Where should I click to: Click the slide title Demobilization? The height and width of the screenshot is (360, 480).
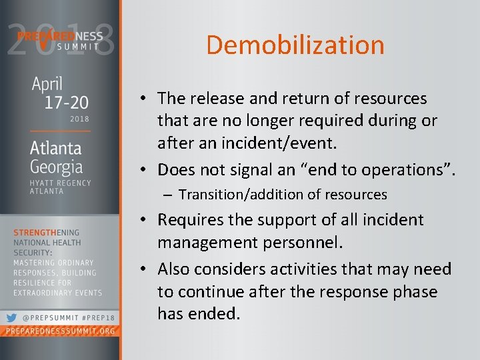pos(295,45)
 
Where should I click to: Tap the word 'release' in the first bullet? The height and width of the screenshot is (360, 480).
pos(219,99)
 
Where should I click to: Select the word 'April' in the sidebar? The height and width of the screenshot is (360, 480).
pos(47,85)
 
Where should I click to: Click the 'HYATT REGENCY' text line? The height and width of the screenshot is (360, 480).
pos(61,183)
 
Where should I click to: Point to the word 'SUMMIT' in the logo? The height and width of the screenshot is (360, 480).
pos(77,47)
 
